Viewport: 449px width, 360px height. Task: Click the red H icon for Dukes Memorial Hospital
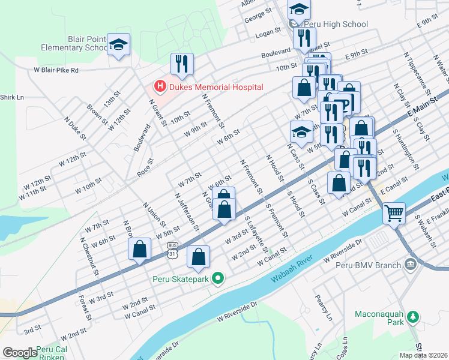pos(160,87)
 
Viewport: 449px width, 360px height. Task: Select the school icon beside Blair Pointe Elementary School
pos(118,44)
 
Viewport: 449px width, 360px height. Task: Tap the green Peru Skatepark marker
pos(220,278)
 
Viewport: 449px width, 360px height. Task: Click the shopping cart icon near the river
pos(394,212)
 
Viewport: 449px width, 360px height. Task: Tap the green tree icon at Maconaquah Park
pos(412,316)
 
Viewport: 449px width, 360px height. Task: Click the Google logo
pos(20,353)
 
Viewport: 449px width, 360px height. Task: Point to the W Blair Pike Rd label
pos(56,70)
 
